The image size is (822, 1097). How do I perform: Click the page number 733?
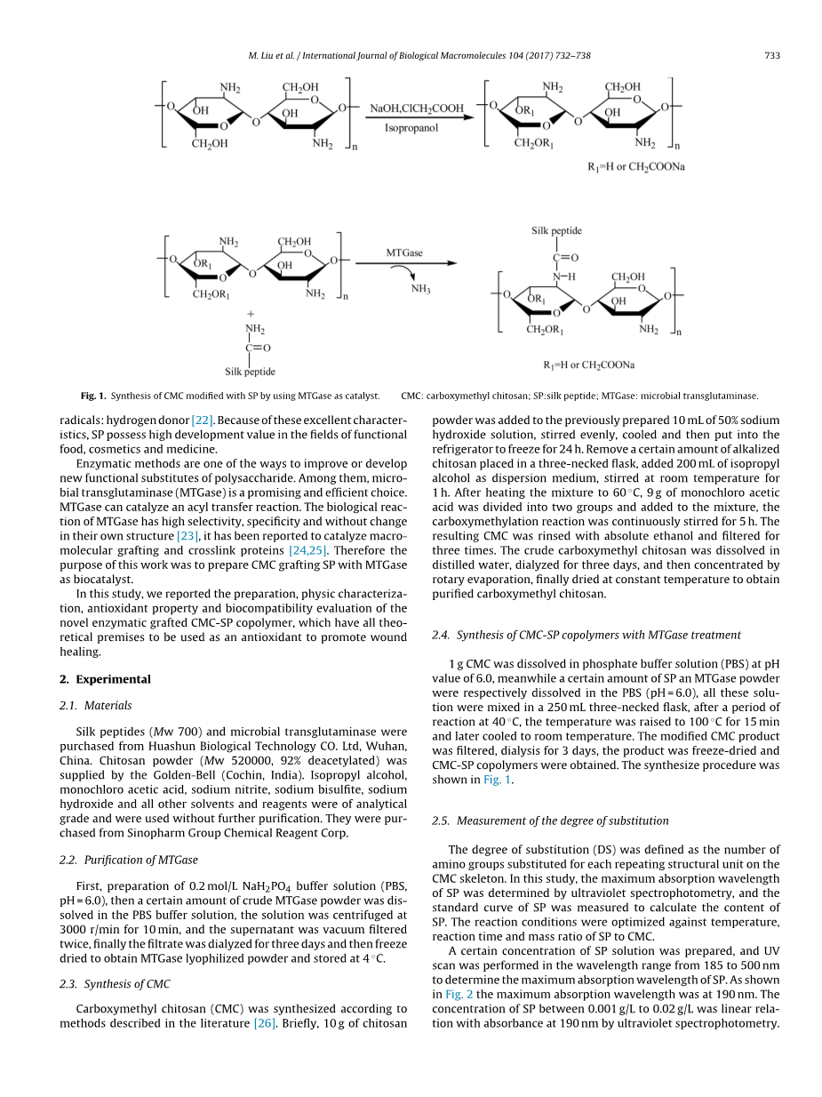(771, 56)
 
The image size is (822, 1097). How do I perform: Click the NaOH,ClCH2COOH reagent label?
(416, 108)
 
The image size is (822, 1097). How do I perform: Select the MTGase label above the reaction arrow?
(404, 252)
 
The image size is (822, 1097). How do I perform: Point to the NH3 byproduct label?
(420, 288)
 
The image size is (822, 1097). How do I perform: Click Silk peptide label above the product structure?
(556, 231)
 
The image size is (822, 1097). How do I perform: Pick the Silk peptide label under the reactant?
(250, 372)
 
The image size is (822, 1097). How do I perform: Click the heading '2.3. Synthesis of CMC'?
(115, 983)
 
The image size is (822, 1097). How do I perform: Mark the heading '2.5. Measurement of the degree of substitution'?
(550, 821)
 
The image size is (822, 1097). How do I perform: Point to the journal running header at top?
(419, 56)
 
